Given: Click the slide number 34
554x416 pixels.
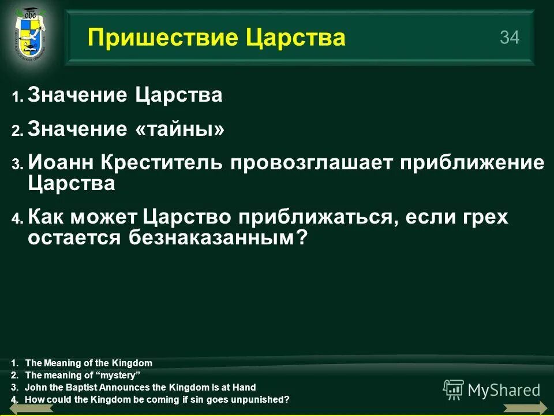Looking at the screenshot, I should tap(510, 38).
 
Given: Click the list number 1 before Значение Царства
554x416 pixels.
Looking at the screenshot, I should tap(17, 97).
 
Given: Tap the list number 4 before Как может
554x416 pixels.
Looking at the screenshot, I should tap(17, 219).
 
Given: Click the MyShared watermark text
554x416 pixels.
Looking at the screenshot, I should tap(504, 390).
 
